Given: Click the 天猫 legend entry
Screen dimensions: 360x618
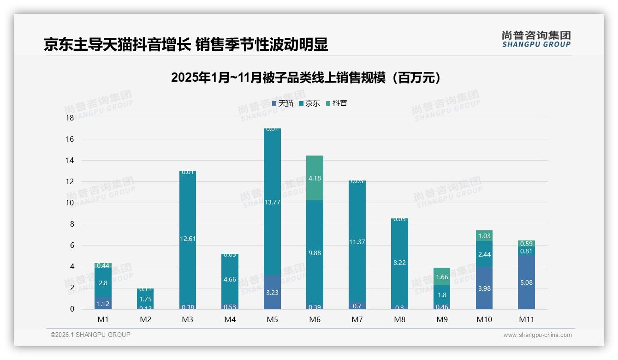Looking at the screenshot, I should (x=282, y=103).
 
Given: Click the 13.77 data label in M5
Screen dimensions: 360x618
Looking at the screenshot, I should (x=272, y=202).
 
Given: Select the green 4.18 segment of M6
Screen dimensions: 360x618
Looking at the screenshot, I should (x=315, y=178).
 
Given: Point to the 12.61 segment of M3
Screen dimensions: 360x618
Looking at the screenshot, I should (x=187, y=239).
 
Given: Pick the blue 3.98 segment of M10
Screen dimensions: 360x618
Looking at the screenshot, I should (x=484, y=288).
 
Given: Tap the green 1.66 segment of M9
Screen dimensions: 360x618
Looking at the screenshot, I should (x=442, y=277).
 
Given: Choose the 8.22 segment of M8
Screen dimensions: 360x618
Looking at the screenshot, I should (x=399, y=262).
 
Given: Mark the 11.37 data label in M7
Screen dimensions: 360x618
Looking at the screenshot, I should (x=357, y=242).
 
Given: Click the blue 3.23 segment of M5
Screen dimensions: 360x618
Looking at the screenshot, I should (x=272, y=292).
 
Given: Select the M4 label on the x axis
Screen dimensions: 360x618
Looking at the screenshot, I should (x=230, y=319).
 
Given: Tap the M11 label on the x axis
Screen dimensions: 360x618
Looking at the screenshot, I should (x=526, y=319).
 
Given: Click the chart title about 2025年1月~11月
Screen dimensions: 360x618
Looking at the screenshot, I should (x=305, y=78).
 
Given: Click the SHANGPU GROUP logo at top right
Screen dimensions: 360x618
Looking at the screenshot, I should (x=536, y=39).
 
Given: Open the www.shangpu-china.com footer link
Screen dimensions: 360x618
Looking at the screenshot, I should (x=537, y=335).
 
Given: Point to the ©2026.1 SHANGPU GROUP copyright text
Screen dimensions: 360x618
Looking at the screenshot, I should (x=90, y=335).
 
